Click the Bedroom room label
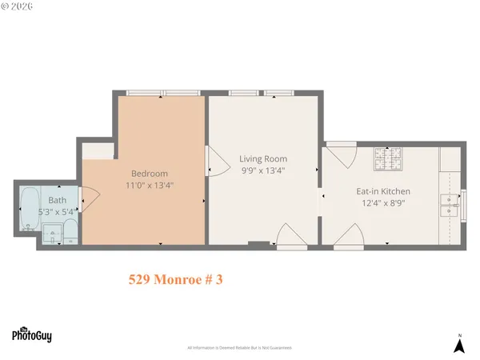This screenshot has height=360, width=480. click(150, 174)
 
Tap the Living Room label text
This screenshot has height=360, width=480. click(263, 159)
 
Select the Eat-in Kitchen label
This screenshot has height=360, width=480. click(383, 192)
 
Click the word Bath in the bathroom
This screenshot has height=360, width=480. click(57, 200)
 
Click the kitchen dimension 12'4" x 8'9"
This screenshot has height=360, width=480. click(383, 203)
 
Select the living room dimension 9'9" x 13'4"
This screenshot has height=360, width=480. click(263, 170)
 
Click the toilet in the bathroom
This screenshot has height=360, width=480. click(69, 234)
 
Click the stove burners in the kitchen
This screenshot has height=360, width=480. click(390, 163)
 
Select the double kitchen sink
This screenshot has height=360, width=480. click(450, 206)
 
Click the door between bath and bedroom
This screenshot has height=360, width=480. click(89, 200)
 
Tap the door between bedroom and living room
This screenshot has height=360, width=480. click(215, 162)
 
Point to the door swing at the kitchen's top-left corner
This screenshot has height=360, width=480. click(341, 155)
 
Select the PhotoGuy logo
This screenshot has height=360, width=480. click(31, 335)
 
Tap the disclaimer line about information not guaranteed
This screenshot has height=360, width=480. click(240, 348)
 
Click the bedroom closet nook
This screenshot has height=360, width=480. click(98, 152)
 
